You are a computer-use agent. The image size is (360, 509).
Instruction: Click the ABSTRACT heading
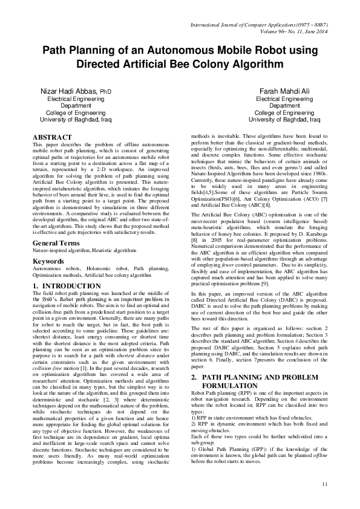point(52,138)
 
